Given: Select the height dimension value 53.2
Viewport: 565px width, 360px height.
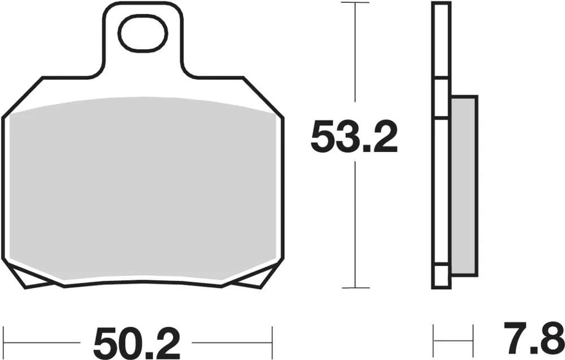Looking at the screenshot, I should click(354, 138).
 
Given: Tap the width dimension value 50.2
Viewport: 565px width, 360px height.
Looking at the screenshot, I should click(137, 342).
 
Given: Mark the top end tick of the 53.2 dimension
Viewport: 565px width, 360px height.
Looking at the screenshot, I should click(354, 3).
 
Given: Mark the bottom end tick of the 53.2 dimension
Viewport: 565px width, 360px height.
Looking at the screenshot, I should click(354, 288).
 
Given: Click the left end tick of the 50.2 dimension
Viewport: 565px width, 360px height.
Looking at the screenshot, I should click(3, 341).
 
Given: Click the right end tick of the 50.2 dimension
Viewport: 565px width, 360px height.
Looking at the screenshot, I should click(272, 341).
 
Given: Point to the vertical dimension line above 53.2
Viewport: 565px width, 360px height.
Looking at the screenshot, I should click(354, 57).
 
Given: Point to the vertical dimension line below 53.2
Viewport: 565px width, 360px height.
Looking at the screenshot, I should click(354, 226).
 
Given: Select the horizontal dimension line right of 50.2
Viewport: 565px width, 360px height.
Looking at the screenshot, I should click(232, 342).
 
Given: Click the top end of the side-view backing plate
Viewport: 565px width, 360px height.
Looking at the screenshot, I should click(441, 5).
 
